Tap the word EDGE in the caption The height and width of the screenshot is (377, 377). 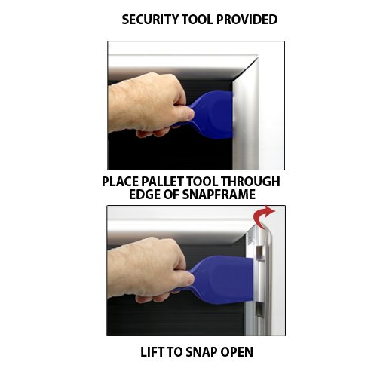[x=146, y=195]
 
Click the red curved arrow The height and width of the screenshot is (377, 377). [x=265, y=217]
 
